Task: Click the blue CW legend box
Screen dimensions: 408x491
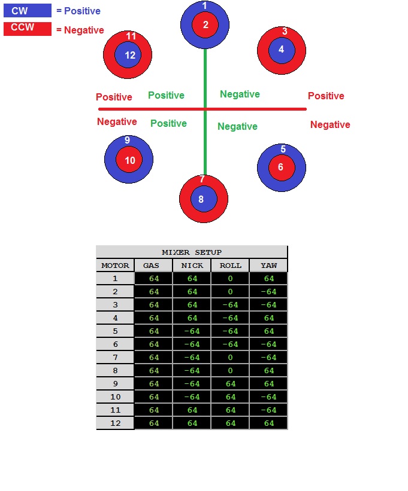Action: coord(28,10)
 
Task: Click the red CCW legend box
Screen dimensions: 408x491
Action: coord(28,29)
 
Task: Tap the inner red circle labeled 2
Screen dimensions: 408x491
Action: coord(205,25)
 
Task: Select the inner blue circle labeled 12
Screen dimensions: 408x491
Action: coord(128,55)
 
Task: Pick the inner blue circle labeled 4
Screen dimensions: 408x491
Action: coord(282,50)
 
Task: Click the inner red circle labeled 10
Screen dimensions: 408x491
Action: coord(129,160)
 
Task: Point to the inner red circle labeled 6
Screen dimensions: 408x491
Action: coord(282,167)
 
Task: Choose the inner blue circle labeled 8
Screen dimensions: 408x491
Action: coord(204,199)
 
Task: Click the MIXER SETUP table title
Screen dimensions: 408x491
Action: coord(192,252)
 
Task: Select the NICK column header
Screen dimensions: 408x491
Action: coord(192,266)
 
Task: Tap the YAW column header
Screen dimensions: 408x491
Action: coord(268,266)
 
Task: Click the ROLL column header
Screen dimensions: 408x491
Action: coord(230,266)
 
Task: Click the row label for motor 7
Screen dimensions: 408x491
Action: coord(115,357)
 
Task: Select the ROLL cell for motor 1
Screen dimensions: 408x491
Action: coord(230,278)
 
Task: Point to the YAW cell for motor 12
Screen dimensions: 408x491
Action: coord(268,423)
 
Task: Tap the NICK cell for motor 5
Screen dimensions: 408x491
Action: coord(192,331)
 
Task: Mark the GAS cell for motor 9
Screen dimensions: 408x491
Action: coord(153,383)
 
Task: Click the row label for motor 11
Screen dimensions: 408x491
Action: coord(115,410)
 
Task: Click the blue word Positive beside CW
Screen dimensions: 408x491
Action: coord(82,11)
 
